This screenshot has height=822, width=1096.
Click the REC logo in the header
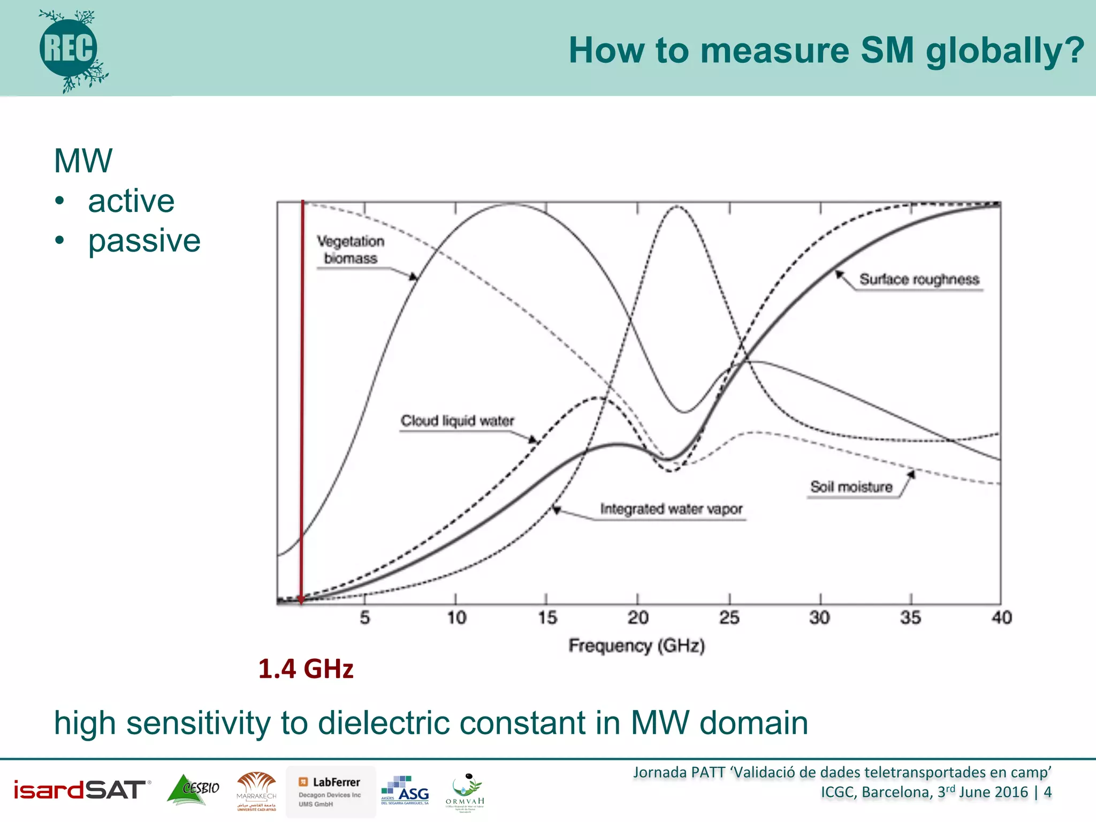(70, 49)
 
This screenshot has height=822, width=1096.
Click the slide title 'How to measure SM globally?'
(826, 50)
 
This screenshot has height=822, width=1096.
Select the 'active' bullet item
(131, 201)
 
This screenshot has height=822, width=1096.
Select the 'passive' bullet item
(144, 241)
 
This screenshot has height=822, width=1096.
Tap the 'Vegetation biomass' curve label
(351, 250)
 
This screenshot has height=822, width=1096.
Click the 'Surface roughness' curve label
(919, 279)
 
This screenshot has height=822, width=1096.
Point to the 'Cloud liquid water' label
(457, 421)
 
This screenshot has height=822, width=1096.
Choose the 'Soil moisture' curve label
(851, 487)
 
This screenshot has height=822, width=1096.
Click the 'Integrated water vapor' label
(671, 509)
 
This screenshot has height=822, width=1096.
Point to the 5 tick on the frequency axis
(365, 618)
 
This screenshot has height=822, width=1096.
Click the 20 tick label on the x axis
(638, 618)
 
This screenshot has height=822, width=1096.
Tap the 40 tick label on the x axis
(1001, 618)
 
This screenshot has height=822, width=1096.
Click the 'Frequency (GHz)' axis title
(636, 646)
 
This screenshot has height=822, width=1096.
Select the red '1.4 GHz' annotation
(306, 669)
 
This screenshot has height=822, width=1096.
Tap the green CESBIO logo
(194, 789)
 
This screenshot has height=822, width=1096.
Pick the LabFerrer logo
(330, 791)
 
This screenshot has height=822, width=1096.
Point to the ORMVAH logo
(465, 793)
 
